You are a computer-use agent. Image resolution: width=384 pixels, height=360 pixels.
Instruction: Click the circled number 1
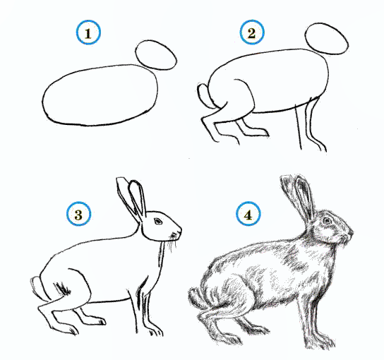click(x=88, y=32)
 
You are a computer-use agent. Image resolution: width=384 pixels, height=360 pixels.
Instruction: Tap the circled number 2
click(x=252, y=32)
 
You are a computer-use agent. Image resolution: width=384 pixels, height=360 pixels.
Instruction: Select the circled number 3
click(x=78, y=214)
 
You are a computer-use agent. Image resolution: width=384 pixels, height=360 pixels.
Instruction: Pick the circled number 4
click(x=248, y=214)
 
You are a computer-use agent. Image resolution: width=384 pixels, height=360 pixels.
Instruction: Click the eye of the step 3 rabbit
click(x=157, y=222)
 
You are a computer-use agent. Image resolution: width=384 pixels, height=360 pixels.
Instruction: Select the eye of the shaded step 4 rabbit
click(x=327, y=221)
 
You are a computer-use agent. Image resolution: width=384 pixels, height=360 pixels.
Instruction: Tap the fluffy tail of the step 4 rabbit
click(x=196, y=298)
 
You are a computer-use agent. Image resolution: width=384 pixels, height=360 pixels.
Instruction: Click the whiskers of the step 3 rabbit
click(x=173, y=242)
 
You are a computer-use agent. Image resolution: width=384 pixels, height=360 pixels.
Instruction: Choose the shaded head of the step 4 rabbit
click(x=334, y=226)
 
